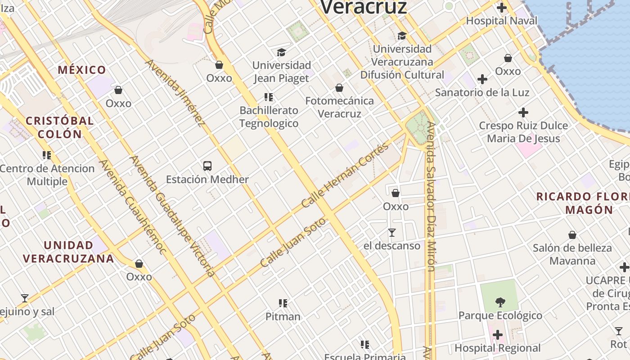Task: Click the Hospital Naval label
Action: click(501, 21)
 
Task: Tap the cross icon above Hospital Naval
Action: click(501, 8)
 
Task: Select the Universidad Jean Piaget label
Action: click(281, 72)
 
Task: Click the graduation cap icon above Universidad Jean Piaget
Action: click(281, 52)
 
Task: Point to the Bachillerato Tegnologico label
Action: click(269, 117)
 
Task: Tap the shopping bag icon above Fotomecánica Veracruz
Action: click(339, 88)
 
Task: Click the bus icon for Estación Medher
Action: click(207, 166)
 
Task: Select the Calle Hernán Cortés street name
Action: click(345, 175)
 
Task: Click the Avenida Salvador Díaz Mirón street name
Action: click(431, 197)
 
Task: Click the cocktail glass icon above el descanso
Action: click(392, 233)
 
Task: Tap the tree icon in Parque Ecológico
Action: click(500, 302)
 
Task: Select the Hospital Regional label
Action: click(497, 348)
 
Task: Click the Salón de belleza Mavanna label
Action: click(572, 254)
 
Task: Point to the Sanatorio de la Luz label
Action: click(482, 92)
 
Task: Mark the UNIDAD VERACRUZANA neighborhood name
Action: click(68, 252)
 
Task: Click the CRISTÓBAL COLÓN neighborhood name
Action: click(59, 127)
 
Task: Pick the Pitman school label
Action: click(283, 316)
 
